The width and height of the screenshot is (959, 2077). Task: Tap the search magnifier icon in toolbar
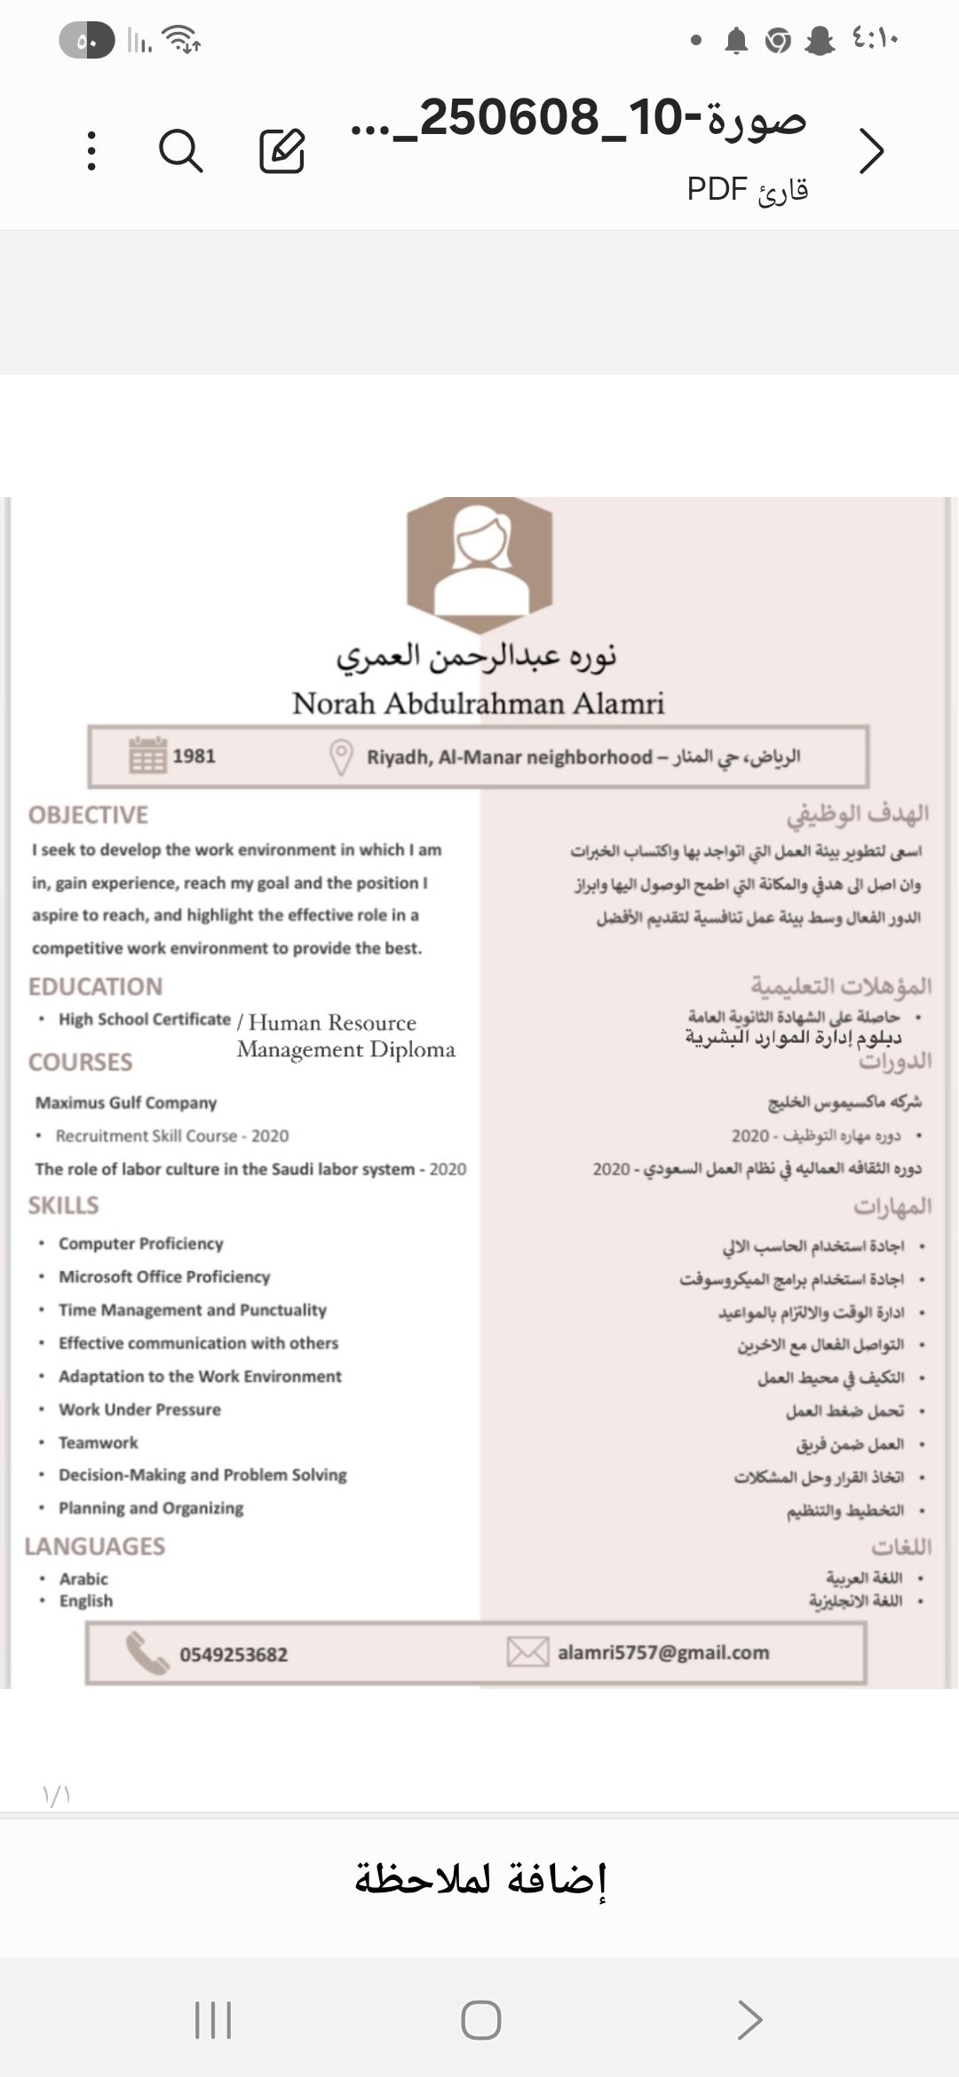coord(181,150)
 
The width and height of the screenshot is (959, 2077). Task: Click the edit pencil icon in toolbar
coord(282,150)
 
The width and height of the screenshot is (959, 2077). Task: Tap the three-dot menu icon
coord(91,150)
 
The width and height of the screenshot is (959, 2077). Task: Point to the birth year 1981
coord(194,756)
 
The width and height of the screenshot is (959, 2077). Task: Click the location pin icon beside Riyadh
coord(341,757)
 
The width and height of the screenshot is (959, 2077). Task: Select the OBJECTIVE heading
coord(88,815)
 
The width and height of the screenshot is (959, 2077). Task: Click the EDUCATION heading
coord(95,987)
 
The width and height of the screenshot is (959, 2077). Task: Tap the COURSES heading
coord(80,1062)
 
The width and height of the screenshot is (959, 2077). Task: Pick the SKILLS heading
coord(63,1205)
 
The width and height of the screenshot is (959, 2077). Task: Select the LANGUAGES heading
coord(95,1546)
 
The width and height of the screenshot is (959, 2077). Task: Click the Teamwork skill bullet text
coord(98,1443)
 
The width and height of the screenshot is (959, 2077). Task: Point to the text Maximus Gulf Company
coord(126,1103)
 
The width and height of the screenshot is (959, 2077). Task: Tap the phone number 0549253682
coord(234,1654)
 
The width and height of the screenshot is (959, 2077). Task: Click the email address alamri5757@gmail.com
coord(663,1653)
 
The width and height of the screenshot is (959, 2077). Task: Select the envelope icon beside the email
coord(527,1652)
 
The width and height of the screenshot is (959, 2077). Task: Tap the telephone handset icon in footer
coord(147,1653)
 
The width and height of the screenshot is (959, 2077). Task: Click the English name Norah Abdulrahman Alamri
coord(479,704)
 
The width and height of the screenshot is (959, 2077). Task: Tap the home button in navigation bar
coord(480,2020)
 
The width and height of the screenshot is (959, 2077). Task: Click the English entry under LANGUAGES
coord(86,1601)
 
